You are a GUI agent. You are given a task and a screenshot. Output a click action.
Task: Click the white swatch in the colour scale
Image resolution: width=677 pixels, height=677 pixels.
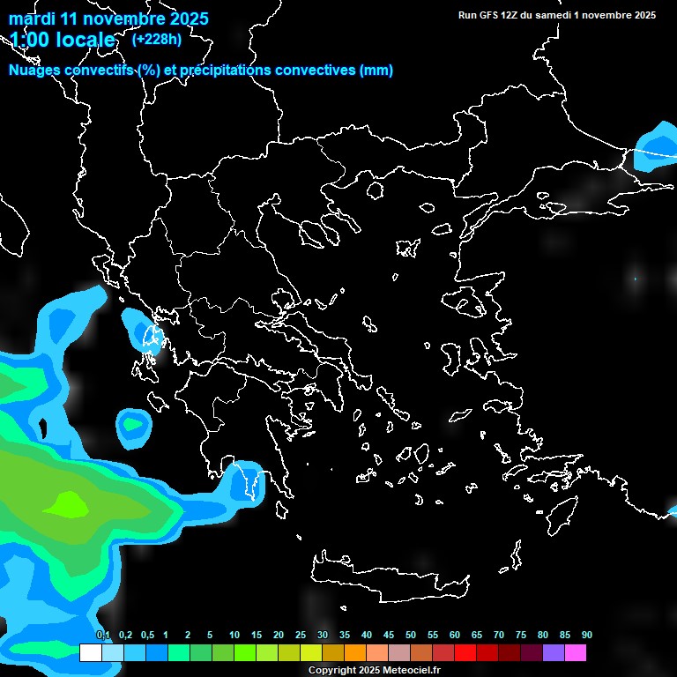pyautogui.click(x=90, y=652)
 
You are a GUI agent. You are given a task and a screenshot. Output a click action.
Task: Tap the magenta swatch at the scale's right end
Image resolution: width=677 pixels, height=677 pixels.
pyautogui.click(x=576, y=652)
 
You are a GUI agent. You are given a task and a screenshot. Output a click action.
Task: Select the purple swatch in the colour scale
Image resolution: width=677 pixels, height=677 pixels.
pyautogui.click(x=554, y=652)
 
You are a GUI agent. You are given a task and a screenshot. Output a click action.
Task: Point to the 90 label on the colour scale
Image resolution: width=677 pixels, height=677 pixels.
pyautogui.click(x=586, y=635)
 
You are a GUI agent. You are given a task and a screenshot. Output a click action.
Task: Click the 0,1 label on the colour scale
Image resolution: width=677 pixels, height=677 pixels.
pyautogui.click(x=103, y=635)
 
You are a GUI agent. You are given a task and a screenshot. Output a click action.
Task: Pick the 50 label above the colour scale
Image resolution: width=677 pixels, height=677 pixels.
pyautogui.click(x=411, y=635)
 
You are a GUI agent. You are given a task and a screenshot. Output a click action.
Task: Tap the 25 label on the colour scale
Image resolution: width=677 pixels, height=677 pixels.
pyautogui.click(x=301, y=635)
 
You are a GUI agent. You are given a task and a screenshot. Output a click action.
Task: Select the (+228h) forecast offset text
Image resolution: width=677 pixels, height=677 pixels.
pyautogui.click(x=156, y=39)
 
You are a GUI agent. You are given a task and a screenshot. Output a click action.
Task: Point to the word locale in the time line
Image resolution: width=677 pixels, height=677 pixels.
pyautogui.click(x=84, y=40)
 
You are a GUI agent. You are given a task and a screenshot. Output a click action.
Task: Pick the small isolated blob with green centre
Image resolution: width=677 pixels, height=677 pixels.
pyautogui.click(x=133, y=424)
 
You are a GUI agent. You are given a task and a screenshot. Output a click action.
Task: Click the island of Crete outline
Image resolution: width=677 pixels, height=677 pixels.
pyautogui.click(x=388, y=572)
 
